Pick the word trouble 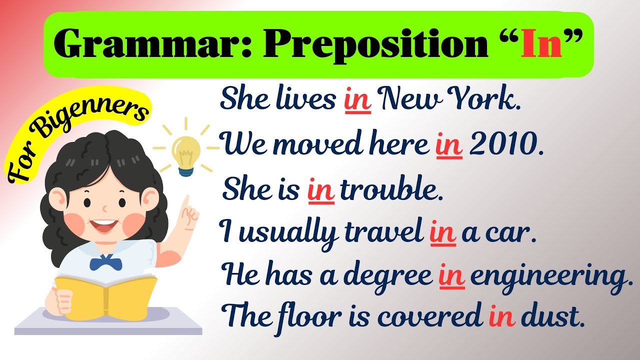pyautogui.click(x=391, y=190)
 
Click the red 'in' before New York pyautogui.click(x=357, y=100)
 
